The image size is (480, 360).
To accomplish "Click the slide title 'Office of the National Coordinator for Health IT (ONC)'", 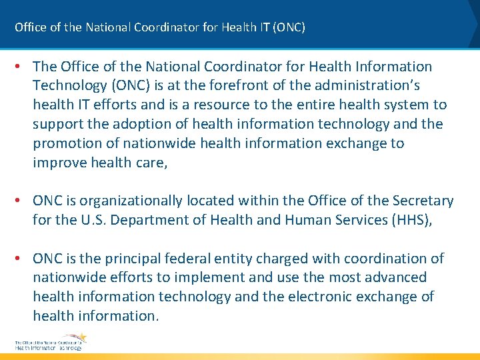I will (160, 27).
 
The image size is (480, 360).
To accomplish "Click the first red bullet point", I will (20, 67).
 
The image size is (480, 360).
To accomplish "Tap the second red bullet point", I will (20, 201).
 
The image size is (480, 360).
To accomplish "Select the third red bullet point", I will (20, 259).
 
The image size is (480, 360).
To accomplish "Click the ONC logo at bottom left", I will (50, 341).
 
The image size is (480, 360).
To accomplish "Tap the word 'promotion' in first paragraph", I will (66, 143).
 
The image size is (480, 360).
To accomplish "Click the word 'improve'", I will (59, 162).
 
